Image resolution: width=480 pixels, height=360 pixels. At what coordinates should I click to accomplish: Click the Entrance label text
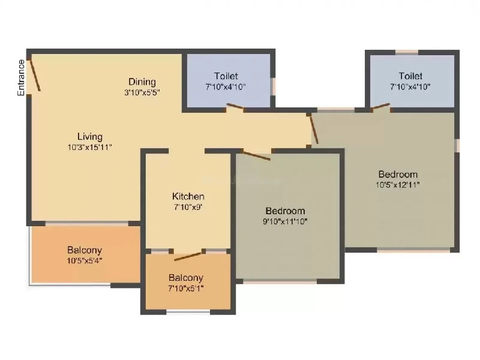tap(21, 78)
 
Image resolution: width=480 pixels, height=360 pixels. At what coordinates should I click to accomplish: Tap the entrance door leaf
tap(35, 76)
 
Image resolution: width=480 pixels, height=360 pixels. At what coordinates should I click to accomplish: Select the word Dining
tap(142, 82)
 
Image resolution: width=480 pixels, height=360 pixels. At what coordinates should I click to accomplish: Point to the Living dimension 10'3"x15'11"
tap(89, 147)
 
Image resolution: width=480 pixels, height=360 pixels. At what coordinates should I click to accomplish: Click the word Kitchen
tap(188, 196)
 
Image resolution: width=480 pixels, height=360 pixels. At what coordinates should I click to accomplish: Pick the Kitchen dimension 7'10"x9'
tap(188, 207)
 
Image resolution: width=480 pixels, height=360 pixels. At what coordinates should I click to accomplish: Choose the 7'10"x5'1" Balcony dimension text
tap(186, 289)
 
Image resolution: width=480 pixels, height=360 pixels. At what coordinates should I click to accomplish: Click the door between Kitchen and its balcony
tap(188, 256)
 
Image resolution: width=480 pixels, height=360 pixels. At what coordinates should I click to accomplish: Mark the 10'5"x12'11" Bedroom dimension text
tap(398, 185)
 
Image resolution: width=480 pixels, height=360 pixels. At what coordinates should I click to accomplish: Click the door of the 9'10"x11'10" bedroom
tap(257, 155)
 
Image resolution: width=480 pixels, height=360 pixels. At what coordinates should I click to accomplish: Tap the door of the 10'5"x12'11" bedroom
tap(314, 130)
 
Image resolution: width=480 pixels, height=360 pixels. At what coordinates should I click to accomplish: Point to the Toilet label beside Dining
tap(226, 76)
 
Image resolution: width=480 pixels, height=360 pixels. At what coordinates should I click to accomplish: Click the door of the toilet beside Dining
tap(235, 106)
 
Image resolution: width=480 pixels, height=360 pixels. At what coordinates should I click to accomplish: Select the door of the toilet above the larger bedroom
tap(380, 106)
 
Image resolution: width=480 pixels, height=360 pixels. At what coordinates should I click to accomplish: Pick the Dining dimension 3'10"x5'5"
tap(142, 92)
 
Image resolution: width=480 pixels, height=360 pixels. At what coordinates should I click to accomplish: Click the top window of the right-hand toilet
tap(407, 52)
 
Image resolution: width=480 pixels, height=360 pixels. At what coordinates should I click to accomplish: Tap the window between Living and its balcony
tap(87, 224)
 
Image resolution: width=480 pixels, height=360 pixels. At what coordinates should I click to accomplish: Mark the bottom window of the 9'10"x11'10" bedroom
tap(280, 281)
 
